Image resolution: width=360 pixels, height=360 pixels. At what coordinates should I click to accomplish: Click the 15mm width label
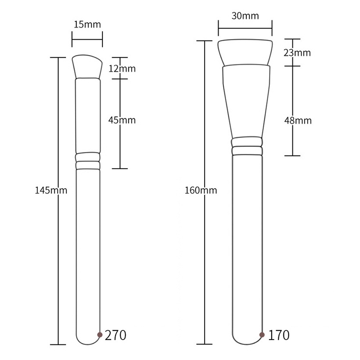coord(87,24)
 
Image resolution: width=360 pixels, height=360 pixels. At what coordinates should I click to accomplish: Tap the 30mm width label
coord(245,16)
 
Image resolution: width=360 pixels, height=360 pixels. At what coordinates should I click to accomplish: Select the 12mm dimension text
coord(122,68)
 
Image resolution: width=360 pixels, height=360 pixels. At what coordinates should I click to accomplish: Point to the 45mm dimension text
coord(122,120)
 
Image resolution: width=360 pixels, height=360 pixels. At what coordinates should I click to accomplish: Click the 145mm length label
coord(51,190)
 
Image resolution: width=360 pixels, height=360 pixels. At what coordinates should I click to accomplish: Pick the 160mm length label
coord(201,190)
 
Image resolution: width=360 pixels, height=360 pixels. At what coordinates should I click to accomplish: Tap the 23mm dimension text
coord(297,53)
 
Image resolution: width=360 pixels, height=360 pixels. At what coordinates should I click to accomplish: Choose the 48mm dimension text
coord(298,121)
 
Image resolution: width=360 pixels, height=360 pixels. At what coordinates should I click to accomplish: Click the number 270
coord(116,335)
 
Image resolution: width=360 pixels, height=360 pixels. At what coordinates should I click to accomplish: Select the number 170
coord(279,335)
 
